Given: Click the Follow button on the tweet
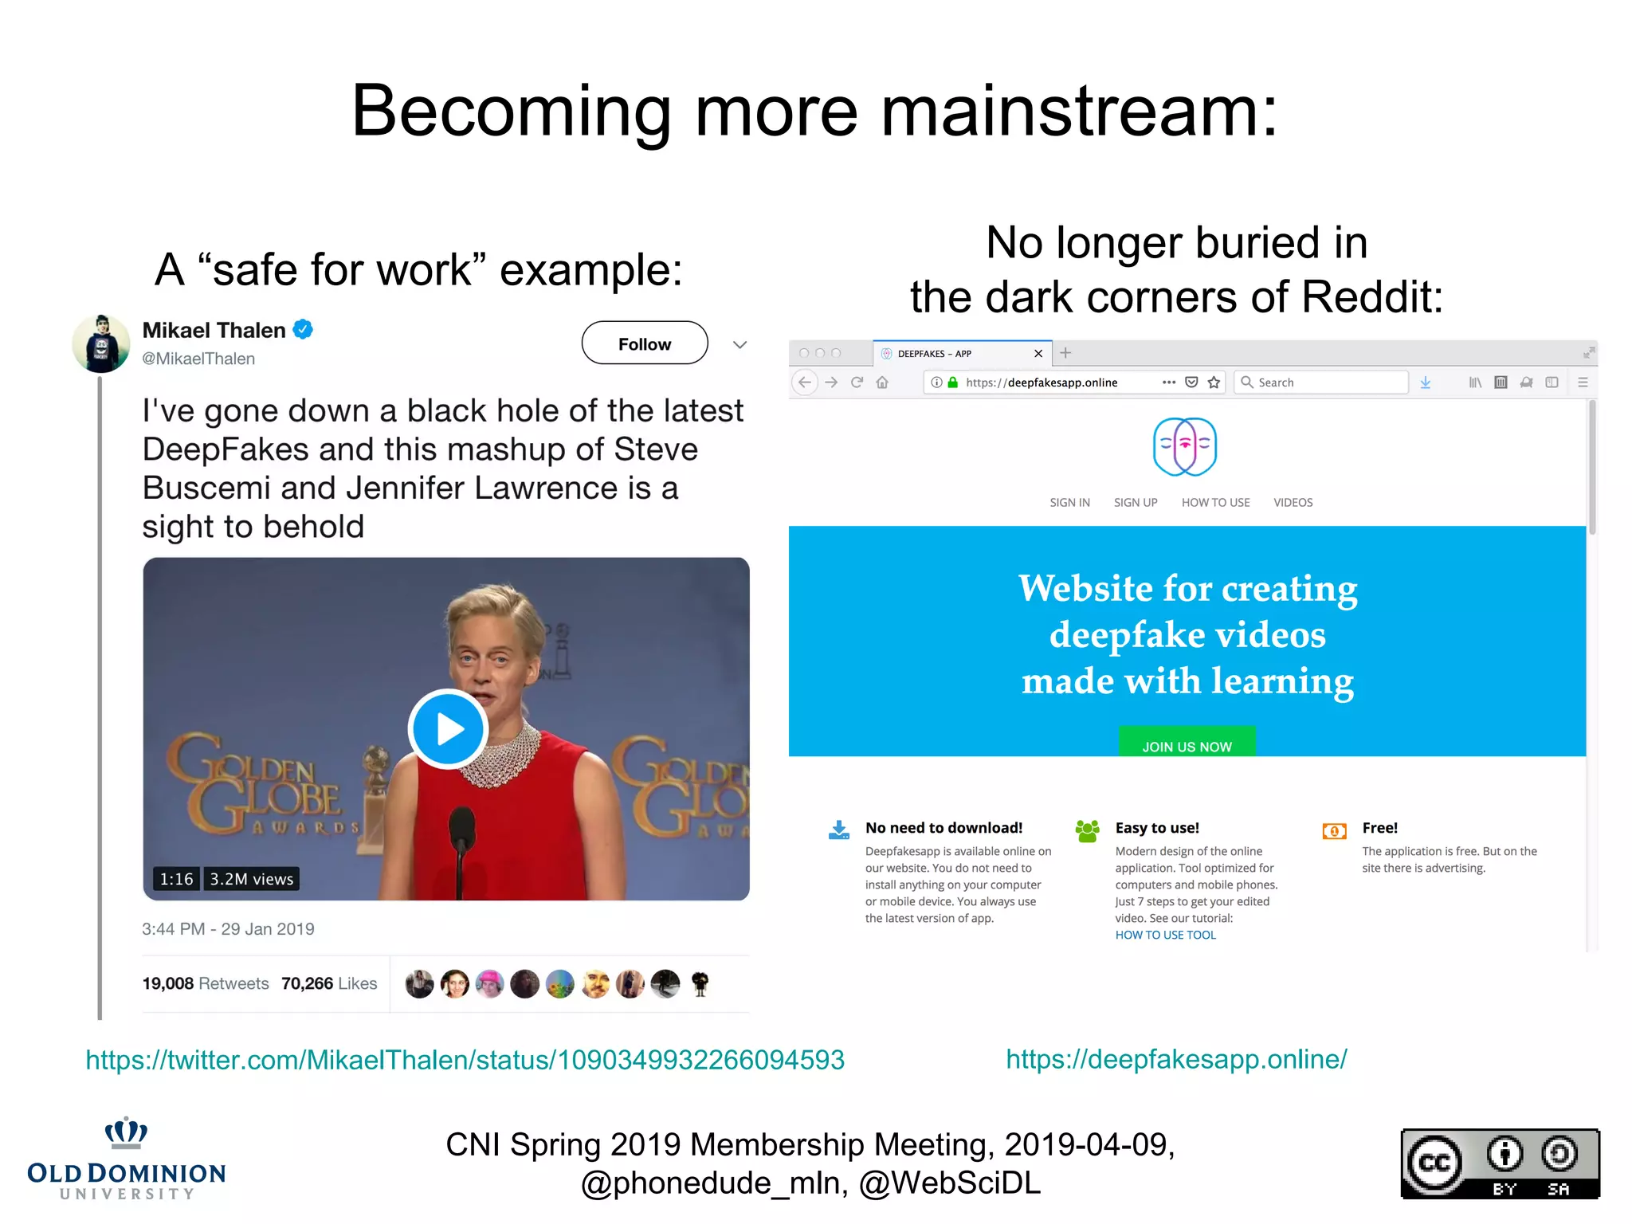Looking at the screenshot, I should tap(644, 343).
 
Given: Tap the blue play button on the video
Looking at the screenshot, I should tap(448, 729).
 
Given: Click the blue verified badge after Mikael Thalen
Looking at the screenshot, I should tap(303, 329).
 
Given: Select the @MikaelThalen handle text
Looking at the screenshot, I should tap(198, 359).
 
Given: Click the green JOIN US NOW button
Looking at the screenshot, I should tap(1187, 744).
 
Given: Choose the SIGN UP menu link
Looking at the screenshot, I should tap(1135, 502).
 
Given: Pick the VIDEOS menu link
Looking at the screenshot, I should tap(1293, 502).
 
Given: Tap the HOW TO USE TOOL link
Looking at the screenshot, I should tap(1165, 935).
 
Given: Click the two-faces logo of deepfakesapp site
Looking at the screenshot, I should tap(1185, 446).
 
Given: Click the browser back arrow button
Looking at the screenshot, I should tap(805, 382).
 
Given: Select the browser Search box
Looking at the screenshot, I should tap(1323, 382).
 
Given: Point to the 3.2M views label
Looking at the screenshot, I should tap(251, 879).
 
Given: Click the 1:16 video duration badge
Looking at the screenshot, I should tap(176, 879).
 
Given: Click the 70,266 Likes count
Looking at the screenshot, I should tap(328, 983).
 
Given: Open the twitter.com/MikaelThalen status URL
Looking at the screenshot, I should tap(465, 1060).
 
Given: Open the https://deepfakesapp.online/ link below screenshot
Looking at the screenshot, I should tap(1176, 1059).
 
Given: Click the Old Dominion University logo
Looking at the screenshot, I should tap(126, 1159).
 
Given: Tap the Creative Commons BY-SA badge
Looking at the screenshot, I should tap(1500, 1163).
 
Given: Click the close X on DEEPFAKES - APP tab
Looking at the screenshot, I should tap(1038, 354).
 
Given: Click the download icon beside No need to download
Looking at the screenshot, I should tap(838, 830).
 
